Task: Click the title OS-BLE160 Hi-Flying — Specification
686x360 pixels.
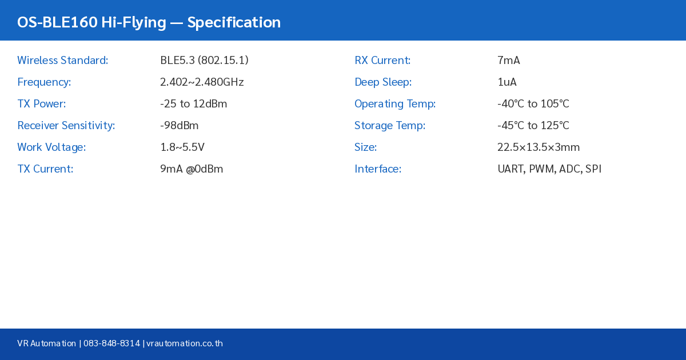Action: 149,22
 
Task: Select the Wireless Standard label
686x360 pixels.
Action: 63,61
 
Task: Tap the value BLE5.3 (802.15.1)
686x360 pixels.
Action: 204,61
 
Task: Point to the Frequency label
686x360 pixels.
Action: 44,82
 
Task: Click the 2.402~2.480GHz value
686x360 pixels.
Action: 202,82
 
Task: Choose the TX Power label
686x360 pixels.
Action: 42,104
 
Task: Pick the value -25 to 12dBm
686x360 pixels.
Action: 193,104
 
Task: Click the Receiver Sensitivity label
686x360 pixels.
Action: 66,126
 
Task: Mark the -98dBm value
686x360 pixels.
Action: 180,126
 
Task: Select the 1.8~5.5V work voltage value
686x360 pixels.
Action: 182,147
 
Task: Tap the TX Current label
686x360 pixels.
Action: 45,169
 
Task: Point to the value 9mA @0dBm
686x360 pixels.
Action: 192,169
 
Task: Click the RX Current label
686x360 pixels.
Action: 382,61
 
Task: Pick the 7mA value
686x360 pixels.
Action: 509,61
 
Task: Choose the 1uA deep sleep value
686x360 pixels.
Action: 507,82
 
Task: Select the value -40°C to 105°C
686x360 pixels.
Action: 533,104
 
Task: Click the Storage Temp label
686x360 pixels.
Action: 390,126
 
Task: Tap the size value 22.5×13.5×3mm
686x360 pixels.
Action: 539,147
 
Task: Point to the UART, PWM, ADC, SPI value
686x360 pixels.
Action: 549,169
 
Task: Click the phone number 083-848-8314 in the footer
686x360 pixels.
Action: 111,343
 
